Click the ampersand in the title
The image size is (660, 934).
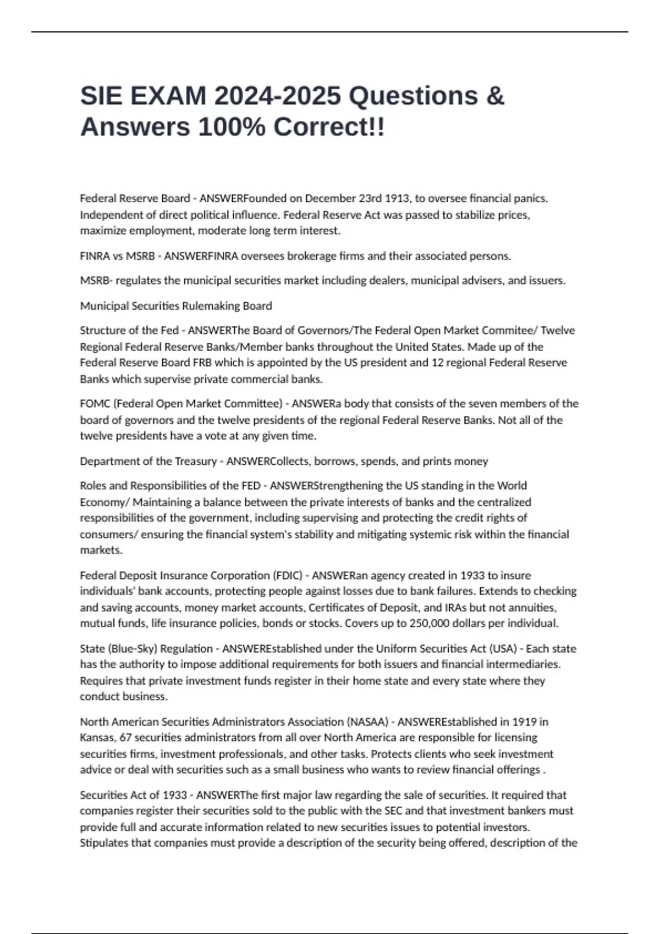pyautogui.click(x=495, y=96)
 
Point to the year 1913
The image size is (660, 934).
pyautogui.click(x=397, y=198)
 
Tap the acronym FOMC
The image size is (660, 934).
pyautogui.click(x=95, y=404)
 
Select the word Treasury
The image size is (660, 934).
pyautogui.click(x=195, y=462)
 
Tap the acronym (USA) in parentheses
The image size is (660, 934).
pyautogui.click(x=503, y=649)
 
